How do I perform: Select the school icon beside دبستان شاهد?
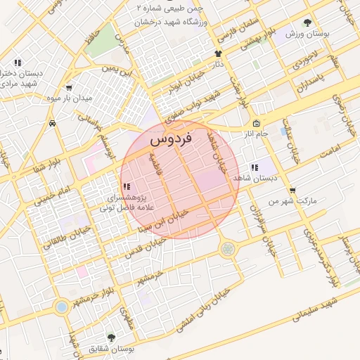[x=254, y=167]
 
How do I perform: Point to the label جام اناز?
[x=254, y=132]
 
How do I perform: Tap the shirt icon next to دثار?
[x=218, y=53]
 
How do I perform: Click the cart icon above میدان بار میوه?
[x=69, y=88]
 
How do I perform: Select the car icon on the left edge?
[x=53, y=123]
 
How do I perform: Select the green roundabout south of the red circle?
[x=227, y=248]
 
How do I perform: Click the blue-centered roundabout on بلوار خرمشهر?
[x=62, y=307]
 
